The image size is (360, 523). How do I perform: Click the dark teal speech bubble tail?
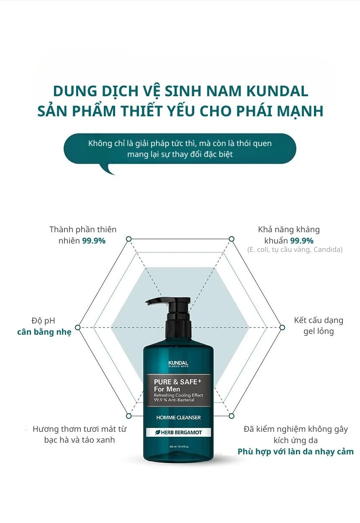108,169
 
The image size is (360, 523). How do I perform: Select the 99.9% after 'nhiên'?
93,241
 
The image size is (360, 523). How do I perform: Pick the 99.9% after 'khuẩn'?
302,241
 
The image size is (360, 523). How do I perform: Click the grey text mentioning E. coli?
295,250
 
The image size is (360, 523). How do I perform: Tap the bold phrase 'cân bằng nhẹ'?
44,332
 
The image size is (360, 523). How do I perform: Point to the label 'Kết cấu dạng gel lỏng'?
319,326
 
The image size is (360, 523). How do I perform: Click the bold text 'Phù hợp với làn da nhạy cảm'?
296,451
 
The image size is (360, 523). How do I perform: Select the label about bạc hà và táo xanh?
80,434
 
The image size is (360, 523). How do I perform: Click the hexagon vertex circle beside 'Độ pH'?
77,327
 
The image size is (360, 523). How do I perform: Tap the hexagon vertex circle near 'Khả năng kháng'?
231,238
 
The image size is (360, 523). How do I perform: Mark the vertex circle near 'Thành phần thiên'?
129,238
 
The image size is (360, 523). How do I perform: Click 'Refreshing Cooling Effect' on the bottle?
178,395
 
